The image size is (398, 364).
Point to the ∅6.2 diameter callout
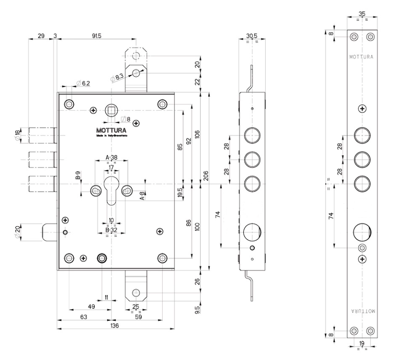tap(83, 83)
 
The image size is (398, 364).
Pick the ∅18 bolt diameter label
tap(18, 135)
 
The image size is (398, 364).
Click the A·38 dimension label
tap(112, 158)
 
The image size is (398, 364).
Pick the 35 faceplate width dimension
tap(362, 14)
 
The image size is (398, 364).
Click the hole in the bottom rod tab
tap(137, 293)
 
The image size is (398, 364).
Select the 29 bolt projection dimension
tap(41, 36)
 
